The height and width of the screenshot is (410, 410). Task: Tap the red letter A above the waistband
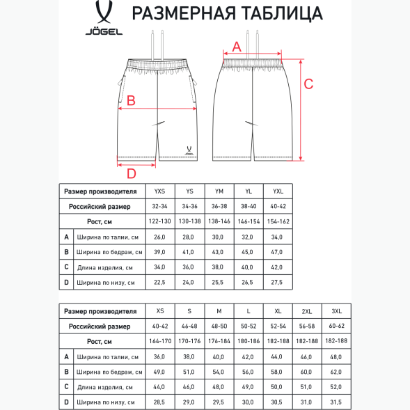click(x=236, y=47)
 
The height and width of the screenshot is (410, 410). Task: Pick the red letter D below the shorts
click(x=131, y=173)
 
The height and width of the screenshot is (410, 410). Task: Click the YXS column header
click(x=159, y=191)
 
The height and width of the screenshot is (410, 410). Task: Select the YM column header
click(x=219, y=191)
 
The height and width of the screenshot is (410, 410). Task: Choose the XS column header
click(x=159, y=311)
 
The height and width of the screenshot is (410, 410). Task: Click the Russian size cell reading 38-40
click(x=248, y=206)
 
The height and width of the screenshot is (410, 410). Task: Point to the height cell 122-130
click(x=159, y=221)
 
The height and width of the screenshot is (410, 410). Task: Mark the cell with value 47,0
click(x=277, y=252)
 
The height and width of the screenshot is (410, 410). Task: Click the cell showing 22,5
click(x=159, y=283)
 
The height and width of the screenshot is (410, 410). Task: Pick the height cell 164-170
click(x=159, y=341)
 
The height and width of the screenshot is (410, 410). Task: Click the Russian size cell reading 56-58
click(x=307, y=326)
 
